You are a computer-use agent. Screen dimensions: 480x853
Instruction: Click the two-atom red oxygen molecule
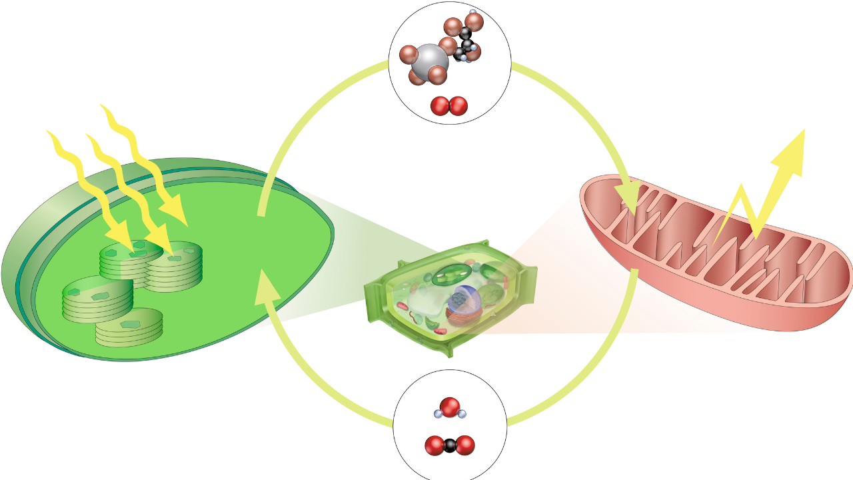(449, 106)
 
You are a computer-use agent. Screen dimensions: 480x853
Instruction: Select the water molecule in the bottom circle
(450, 408)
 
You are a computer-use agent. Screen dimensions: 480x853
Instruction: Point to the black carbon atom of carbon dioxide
(450, 445)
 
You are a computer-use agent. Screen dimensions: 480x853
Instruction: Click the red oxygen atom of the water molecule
(450, 405)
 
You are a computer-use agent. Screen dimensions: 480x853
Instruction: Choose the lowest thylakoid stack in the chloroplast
(129, 328)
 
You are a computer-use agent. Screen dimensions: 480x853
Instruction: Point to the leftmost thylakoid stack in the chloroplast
(97, 299)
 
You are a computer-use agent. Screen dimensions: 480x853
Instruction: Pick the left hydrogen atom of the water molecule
(438, 414)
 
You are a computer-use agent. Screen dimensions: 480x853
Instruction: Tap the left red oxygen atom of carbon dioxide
(434, 445)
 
